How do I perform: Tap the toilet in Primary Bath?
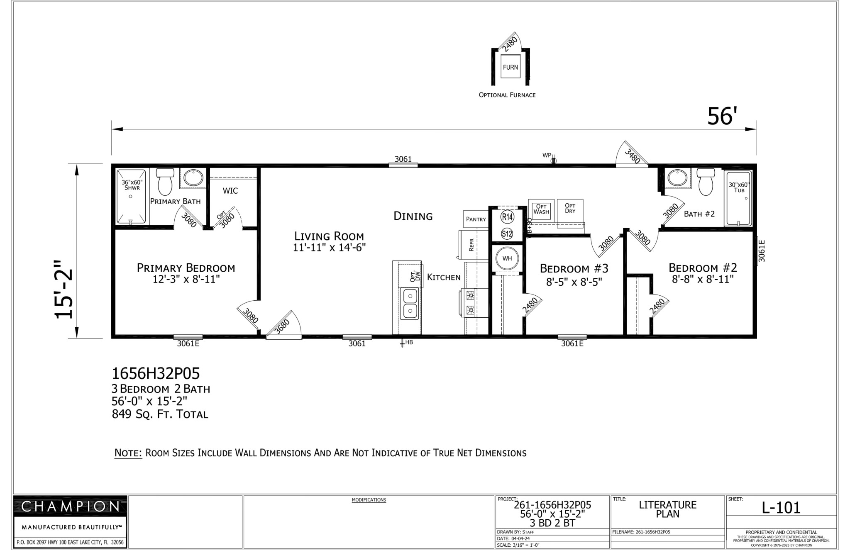165,182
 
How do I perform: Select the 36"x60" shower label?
132,185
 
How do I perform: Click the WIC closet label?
230,191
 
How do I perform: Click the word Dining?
413,216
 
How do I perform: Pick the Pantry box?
476,219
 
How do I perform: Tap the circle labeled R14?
507,217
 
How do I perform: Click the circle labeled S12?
507,234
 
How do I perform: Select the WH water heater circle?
507,258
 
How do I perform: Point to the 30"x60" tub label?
739,187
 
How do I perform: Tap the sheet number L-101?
781,508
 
